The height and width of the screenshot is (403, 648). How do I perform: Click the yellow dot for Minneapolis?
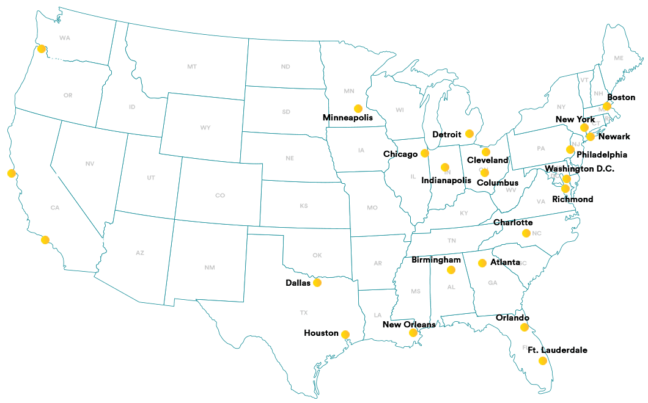click(358, 108)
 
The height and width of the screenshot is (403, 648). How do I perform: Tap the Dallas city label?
click(298, 283)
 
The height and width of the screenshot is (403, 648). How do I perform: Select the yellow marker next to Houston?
click(345, 334)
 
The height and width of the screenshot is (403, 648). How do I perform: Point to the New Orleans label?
click(409, 324)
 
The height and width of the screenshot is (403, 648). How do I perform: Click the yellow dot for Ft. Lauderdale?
click(542, 361)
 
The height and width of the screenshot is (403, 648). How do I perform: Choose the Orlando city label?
click(512, 318)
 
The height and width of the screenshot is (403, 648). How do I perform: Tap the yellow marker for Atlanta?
click(482, 263)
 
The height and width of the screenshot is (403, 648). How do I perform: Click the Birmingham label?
click(436, 260)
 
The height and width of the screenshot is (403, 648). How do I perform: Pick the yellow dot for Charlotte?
click(526, 233)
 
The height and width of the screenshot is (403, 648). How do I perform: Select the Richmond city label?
click(572, 199)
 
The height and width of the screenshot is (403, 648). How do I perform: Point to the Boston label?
click(621, 97)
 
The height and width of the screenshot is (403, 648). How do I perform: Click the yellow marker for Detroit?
click(469, 133)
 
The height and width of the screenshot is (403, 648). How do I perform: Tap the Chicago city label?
click(400, 154)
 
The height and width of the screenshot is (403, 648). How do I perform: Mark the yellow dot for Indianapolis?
click(445, 167)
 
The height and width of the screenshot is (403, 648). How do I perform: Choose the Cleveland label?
click(487, 160)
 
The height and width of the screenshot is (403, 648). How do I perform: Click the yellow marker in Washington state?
click(42, 49)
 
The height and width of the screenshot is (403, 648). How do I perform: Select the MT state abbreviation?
click(192, 67)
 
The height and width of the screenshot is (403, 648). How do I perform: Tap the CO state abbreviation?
click(220, 195)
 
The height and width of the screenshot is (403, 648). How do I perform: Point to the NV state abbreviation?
click(90, 163)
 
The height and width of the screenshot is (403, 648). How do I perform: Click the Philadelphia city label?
click(602, 154)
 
